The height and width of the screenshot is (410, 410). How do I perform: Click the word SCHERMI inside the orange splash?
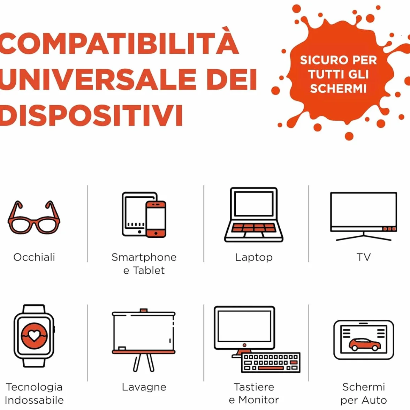pos(338,89)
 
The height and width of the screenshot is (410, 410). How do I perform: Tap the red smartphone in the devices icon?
pos(156,219)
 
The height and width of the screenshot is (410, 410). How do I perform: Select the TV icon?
pos(363,216)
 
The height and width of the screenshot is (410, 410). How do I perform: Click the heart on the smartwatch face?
pos(34,335)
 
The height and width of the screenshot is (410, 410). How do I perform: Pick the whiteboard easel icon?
pos(144,340)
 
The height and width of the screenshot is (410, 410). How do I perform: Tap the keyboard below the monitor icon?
pos(271,363)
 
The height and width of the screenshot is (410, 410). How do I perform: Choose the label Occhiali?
pos(34,257)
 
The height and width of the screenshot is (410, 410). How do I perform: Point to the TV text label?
pos(364,257)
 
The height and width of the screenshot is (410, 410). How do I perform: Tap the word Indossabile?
pos(34,400)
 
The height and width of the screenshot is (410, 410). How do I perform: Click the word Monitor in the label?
pos(259,400)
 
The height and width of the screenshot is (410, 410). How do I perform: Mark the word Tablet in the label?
pos(149,271)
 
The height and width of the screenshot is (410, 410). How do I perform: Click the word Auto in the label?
pos(374,400)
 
